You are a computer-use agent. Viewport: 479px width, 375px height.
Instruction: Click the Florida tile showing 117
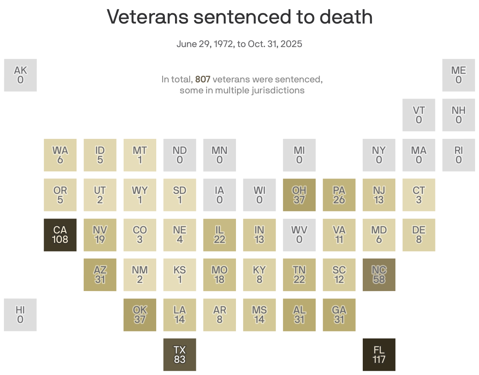(x=379, y=355)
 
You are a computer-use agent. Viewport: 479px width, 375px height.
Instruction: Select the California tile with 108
(x=60, y=235)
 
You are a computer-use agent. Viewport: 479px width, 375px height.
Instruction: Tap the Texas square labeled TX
(x=179, y=355)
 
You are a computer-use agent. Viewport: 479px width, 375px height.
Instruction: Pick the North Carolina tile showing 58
(x=379, y=275)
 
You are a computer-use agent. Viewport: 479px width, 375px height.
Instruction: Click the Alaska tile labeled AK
(x=20, y=75)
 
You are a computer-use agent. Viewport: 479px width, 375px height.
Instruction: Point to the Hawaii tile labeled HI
(x=20, y=315)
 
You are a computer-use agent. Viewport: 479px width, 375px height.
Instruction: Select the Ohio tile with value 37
(x=299, y=195)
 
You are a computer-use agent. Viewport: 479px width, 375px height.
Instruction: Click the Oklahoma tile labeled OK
(x=140, y=315)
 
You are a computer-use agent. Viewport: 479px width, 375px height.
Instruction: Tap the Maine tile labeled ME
(x=459, y=75)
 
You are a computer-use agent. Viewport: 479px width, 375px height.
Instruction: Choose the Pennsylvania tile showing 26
(x=339, y=195)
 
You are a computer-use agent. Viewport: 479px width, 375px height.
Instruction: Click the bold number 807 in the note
(x=203, y=80)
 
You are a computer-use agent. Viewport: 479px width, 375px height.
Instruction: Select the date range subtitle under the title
(x=239, y=44)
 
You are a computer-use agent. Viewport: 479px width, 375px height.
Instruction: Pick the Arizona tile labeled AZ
(x=100, y=275)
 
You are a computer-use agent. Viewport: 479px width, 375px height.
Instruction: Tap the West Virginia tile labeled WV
(x=299, y=235)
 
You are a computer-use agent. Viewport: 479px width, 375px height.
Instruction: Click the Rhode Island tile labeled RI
(x=459, y=155)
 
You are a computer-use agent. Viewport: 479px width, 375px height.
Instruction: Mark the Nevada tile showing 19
(x=100, y=235)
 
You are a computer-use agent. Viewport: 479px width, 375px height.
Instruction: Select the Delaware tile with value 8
(x=419, y=235)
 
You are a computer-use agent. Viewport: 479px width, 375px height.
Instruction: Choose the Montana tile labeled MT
(x=140, y=155)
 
